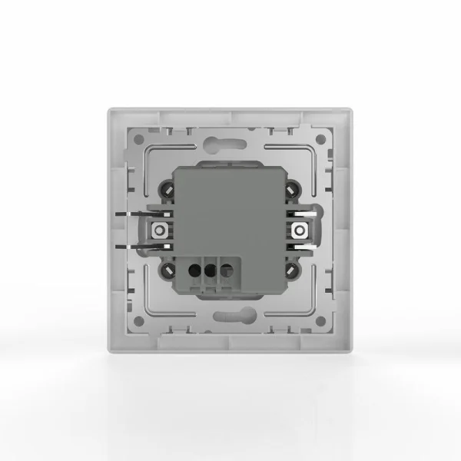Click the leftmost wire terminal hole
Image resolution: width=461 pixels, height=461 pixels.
[193, 270]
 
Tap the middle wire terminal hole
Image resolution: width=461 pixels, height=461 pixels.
[209, 270]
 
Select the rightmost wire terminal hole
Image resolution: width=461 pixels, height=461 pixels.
[226, 270]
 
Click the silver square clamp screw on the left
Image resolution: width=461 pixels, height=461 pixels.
[159, 230]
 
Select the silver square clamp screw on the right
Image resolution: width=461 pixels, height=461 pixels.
[300, 230]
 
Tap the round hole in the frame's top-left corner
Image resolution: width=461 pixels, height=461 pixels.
[139, 140]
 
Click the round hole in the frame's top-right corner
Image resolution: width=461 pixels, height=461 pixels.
[322, 140]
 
